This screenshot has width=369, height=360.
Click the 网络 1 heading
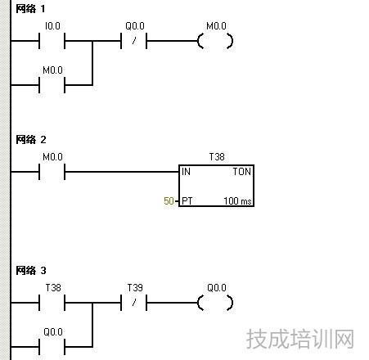coord(30,9)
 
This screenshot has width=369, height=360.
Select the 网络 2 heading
coord(31,140)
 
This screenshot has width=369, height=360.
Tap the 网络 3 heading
coord(31,271)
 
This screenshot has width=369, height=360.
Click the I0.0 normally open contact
coord(52,41)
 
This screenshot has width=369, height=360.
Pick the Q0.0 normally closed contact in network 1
coord(133,41)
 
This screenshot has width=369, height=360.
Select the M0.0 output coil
coord(215,41)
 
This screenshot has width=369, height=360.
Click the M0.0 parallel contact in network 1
coord(52,85)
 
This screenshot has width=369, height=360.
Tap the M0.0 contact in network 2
coord(52,172)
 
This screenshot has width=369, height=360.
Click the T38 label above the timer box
coord(217,157)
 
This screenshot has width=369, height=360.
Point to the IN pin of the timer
coord(186,172)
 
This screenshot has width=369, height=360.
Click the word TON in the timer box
coord(241,172)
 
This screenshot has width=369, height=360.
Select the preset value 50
coord(169,201)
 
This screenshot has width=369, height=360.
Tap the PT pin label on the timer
coord(187,201)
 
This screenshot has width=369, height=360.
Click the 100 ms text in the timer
coord(237,201)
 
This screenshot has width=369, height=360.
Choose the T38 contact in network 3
coord(52,303)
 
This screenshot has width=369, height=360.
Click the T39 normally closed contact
coord(133,303)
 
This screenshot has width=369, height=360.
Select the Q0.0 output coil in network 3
coord(215,303)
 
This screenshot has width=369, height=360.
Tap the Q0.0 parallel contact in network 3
coord(52,347)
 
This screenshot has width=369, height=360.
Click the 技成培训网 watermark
coord(300,339)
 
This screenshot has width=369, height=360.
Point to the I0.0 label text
coord(52,26)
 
